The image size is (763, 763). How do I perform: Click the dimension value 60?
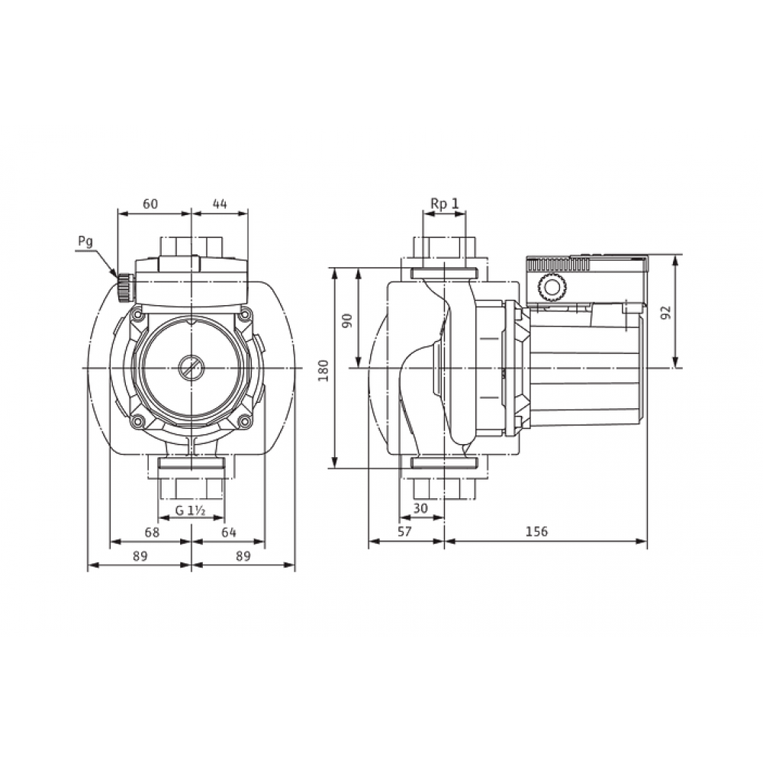point(150,204)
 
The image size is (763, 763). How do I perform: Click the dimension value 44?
point(220,204)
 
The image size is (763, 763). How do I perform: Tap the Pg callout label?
point(85,242)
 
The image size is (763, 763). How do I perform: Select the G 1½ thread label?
point(191,510)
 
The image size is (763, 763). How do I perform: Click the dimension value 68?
point(152,533)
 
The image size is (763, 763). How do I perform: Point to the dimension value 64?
point(229,533)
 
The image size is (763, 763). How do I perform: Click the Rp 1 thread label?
point(445,204)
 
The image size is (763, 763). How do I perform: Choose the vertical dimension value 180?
point(324,370)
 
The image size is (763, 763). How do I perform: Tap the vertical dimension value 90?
point(347,320)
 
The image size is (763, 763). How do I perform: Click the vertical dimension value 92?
point(666,312)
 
